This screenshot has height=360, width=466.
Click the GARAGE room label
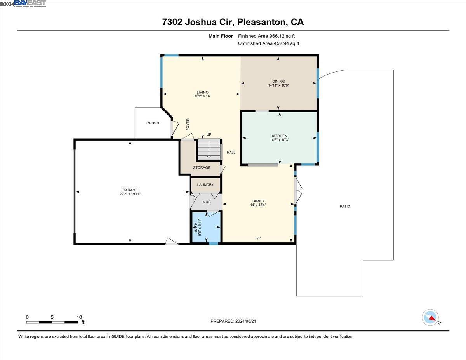[x=130, y=190]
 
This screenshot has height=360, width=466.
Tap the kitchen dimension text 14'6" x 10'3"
[x=279, y=140]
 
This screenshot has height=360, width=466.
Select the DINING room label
[x=278, y=81]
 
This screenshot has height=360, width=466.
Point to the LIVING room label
[x=202, y=92]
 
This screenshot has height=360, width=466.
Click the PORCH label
[x=153, y=123]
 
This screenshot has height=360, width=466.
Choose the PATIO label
[x=345, y=206]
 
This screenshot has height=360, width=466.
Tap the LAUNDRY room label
[x=205, y=185]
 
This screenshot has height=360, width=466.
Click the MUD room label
[x=207, y=202]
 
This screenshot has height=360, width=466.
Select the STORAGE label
[x=202, y=167]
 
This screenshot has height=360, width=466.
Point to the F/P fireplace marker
[x=258, y=238]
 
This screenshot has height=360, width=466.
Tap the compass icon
[x=430, y=317]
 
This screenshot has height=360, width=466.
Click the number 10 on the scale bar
[x=79, y=317]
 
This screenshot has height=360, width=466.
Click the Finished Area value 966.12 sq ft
[x=277, y=36]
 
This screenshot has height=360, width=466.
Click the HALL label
[x=231, y=152]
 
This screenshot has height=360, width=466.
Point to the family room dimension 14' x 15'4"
[x=258, y=205]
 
